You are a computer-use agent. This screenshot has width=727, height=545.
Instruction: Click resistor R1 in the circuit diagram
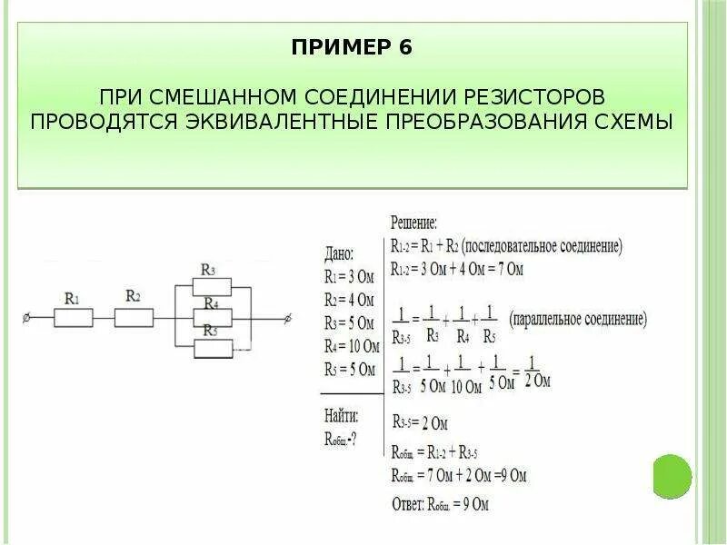pyautogui.click(x=73, y=317)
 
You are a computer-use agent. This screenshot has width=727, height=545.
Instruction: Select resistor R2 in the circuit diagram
pyautogui.click(x=133, y=317)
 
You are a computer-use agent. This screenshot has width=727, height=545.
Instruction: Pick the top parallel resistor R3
pyautogui.click(x=210, y=287)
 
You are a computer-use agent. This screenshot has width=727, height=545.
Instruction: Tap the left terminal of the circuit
pyautogui.click(x=26, y=317)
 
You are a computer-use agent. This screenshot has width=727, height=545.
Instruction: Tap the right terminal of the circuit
pyautogui.click(x=289, y=317)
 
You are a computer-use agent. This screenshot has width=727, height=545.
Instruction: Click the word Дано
pyautogui.click(x=339, y=255)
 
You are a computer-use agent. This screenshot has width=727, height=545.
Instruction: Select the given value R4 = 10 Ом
pyautogui.click(x=350, y=346)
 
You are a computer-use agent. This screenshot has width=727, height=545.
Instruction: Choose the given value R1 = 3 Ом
pyautogui.click(x=349, y=277)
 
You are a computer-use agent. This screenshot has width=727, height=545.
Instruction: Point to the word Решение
pyautogui.click(x=413, y=222)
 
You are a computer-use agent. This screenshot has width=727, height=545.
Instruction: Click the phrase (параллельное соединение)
pyautogui.click(x=579, y=320)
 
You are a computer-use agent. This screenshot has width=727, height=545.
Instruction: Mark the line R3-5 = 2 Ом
pyautogui.click(x=419, y=422)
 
